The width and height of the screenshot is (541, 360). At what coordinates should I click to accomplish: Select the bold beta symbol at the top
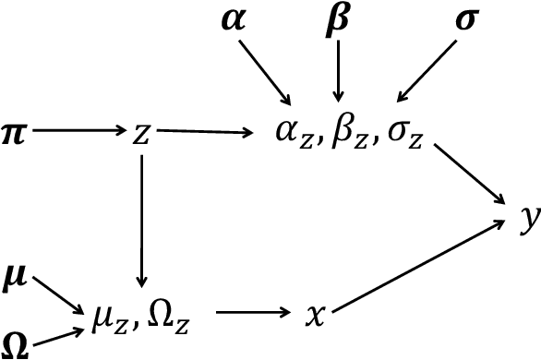340,20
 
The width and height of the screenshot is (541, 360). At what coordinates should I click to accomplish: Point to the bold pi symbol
15,134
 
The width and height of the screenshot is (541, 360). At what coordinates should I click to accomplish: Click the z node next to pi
141,134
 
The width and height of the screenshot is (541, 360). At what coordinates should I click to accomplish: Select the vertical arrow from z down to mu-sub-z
141,222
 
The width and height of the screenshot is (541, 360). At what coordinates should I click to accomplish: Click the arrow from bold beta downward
340,69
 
